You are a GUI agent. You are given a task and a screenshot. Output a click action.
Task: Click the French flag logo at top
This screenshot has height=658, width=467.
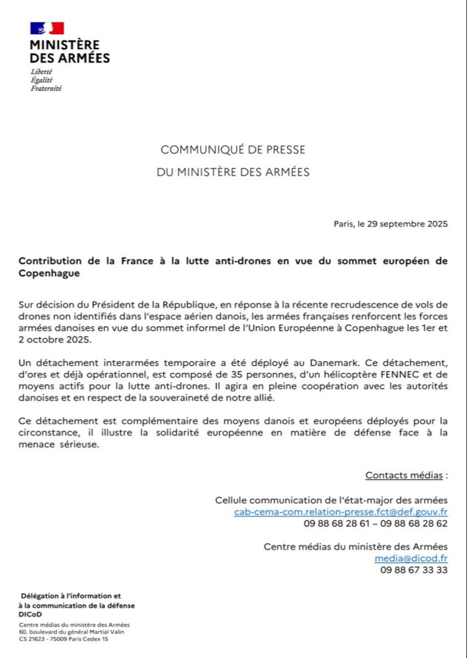[x=47, y=29]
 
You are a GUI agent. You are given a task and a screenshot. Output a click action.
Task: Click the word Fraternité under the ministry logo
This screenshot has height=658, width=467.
[x=46, y=88]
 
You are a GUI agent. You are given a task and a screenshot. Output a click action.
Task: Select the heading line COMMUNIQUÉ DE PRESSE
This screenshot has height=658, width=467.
[x=233, y=150]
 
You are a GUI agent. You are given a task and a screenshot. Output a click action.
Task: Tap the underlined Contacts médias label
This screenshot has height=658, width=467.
[x=404, y=475]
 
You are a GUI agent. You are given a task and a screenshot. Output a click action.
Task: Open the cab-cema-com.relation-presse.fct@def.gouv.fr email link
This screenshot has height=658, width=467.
[x=341, y=512]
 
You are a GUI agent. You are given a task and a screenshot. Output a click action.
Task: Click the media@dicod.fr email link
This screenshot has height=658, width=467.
[x=411, y=558]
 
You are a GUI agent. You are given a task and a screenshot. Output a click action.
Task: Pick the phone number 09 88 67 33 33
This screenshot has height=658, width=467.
[x=414, y=570]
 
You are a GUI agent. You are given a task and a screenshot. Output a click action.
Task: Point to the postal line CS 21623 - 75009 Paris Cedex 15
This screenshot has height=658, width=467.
[x=64, y=639]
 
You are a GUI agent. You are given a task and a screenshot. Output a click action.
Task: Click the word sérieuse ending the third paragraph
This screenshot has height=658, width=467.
[x=79, y=445]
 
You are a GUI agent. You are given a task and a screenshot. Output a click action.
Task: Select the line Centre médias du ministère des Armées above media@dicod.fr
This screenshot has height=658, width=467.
[x=356, y=547]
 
